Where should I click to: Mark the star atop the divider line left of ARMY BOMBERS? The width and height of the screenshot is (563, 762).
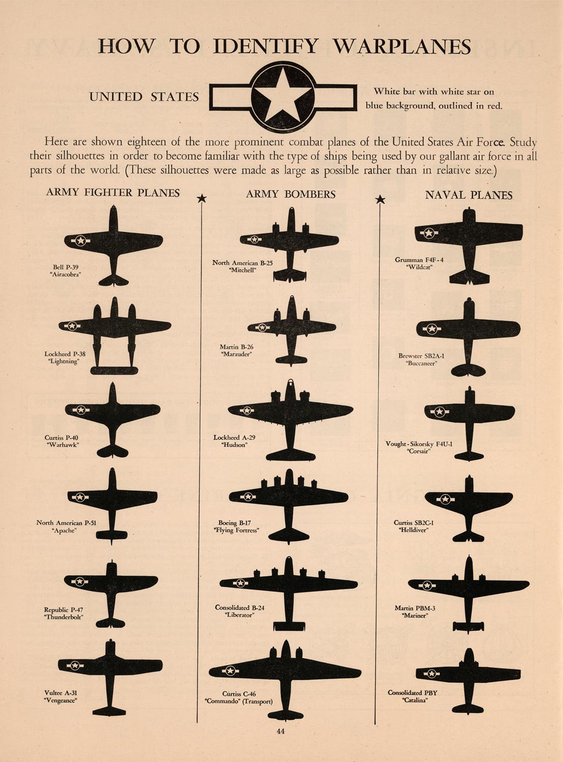point(202,198)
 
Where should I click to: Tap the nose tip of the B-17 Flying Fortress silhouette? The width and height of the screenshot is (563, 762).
point(288,469)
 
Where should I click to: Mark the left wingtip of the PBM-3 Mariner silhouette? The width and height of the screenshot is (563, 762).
point(408,582)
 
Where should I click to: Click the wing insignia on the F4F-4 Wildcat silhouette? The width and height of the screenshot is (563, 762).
point(428,233)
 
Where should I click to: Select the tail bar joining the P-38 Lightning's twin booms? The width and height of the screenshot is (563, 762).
point(114,371)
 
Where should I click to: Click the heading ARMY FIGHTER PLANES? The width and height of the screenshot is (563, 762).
point(112,193)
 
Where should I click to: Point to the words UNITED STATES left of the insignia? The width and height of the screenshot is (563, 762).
point(144,97)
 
